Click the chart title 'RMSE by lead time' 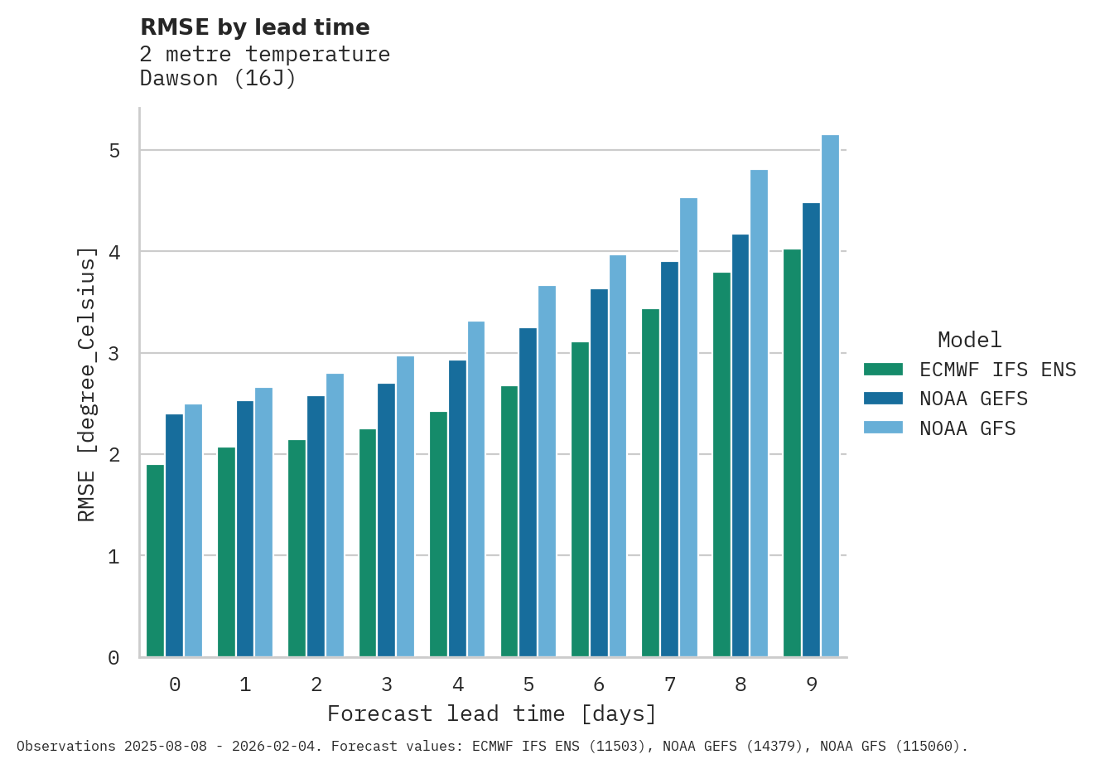tap(254, 27)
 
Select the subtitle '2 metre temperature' tap(264, 55)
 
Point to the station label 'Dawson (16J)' tap(218, 79)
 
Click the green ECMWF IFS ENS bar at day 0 tap(155, 561)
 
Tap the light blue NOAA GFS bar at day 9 tap(830, 396)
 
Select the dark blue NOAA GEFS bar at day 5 tap(528, 492)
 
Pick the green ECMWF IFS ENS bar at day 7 tap(650, 483)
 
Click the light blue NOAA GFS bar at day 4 tap(476, 489)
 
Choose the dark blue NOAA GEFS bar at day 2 tap(316, 526)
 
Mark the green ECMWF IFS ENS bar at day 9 tap(792, 453)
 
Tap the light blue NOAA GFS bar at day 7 tap(688, 428)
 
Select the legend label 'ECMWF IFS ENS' tap(997, 370)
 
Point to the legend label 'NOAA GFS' tap(967, 428)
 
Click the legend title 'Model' tap(969, 340)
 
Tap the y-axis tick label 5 tap(114, 151)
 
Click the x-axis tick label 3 tap(387, 684)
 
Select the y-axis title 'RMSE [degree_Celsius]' tap(87, 384)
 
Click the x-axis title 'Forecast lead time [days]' tap(492, 713)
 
